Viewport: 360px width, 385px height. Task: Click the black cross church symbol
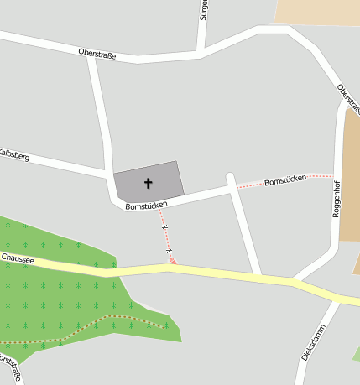tap(149, 182)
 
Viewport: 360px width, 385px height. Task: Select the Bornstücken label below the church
tap(146, 205)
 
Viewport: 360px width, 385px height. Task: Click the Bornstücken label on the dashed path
tap(285, 181)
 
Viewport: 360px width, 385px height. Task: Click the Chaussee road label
tap(18, 259)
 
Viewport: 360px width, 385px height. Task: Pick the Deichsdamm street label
tap(312, 342)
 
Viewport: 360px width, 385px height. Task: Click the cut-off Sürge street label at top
tap(203, 10)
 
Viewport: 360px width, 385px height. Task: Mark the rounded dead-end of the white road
tap(232, 178)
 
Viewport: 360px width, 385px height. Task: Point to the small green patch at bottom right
tap(356, 354)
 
